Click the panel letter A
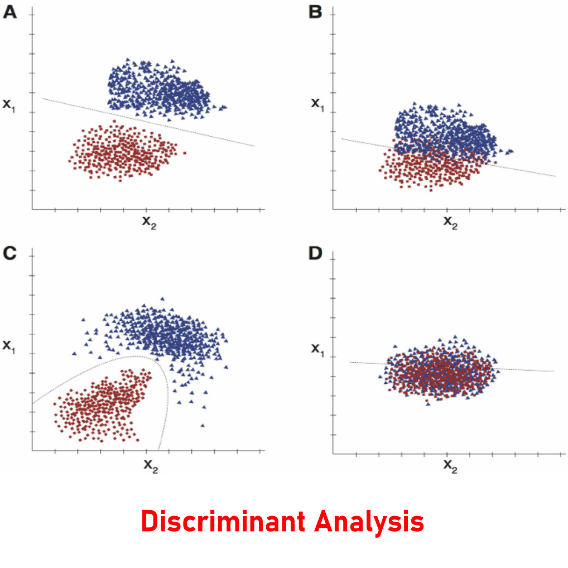pos(10,12)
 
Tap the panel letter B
pos(315,12)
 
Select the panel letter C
pos(10,254)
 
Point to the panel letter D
pos(315,254)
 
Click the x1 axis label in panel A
pos(9,104)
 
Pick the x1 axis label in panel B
pos(317,104)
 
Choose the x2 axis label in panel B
pos(450,222)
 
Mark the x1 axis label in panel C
pos(9,346)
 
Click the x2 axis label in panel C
pos(150,465)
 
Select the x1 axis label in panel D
pos(317,349)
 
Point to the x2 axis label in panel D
pos(450,465)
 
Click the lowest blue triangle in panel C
pos(203,426)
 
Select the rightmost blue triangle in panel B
pos(511,151)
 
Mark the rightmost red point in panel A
pos(185,152)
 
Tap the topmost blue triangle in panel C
pos(162,299)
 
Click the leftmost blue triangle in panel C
pos(74,353)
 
